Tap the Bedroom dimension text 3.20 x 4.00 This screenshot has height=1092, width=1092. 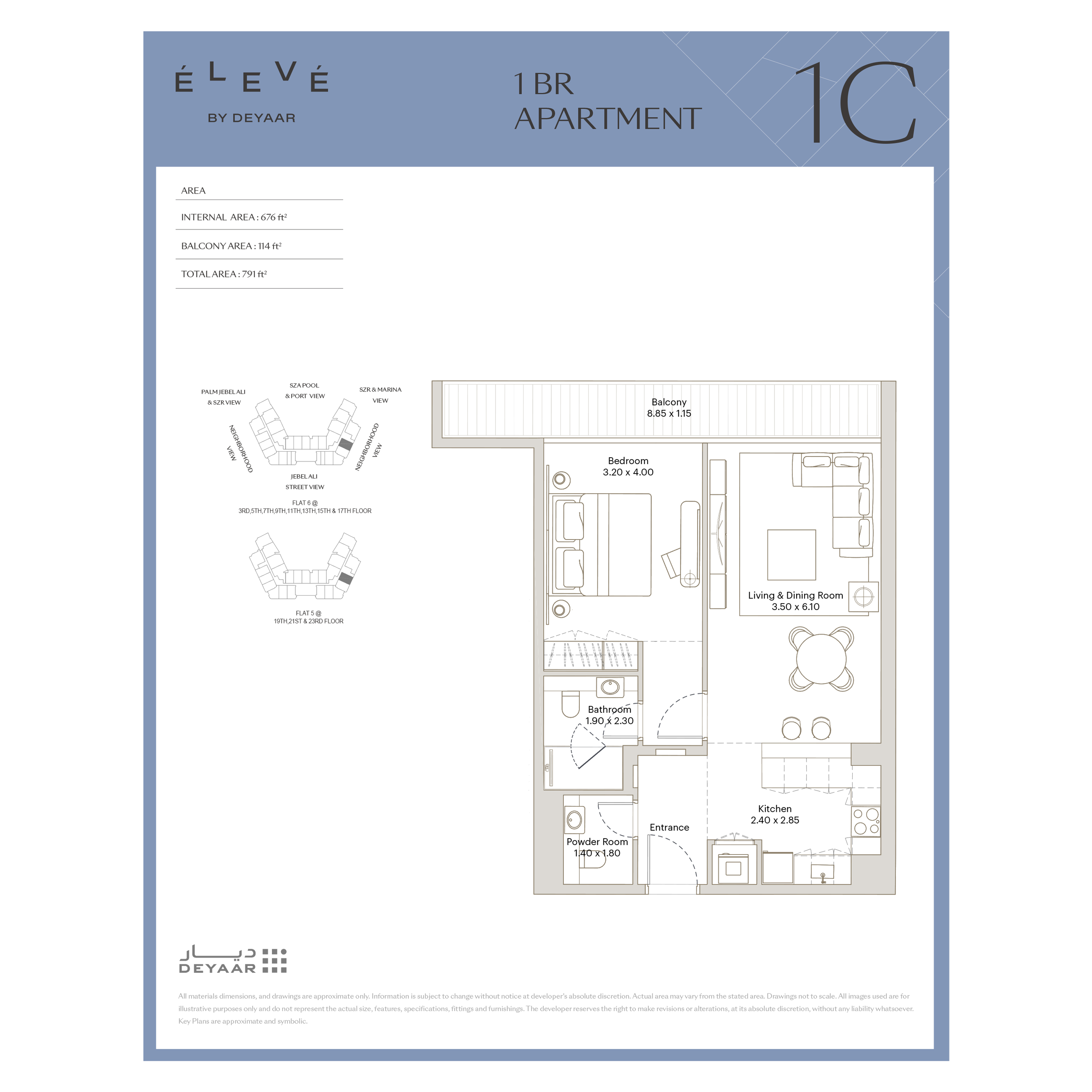point(628,472)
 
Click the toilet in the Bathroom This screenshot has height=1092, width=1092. point(570,703)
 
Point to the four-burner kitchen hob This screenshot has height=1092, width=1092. point(866,821)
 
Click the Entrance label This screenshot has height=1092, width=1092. point(669,827)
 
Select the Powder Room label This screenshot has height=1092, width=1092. point(597,841)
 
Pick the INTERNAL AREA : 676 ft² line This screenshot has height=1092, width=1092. point(234,217)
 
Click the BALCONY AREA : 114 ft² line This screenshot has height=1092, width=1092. point(231,246)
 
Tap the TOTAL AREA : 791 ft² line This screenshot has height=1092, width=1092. point(224,274)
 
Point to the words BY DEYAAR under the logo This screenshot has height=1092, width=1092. point(251,118)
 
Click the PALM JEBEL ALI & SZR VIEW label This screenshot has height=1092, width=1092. point(223,397)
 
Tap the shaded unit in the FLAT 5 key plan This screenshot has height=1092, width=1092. point(345,578)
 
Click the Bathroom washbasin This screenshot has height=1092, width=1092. point(610,687)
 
